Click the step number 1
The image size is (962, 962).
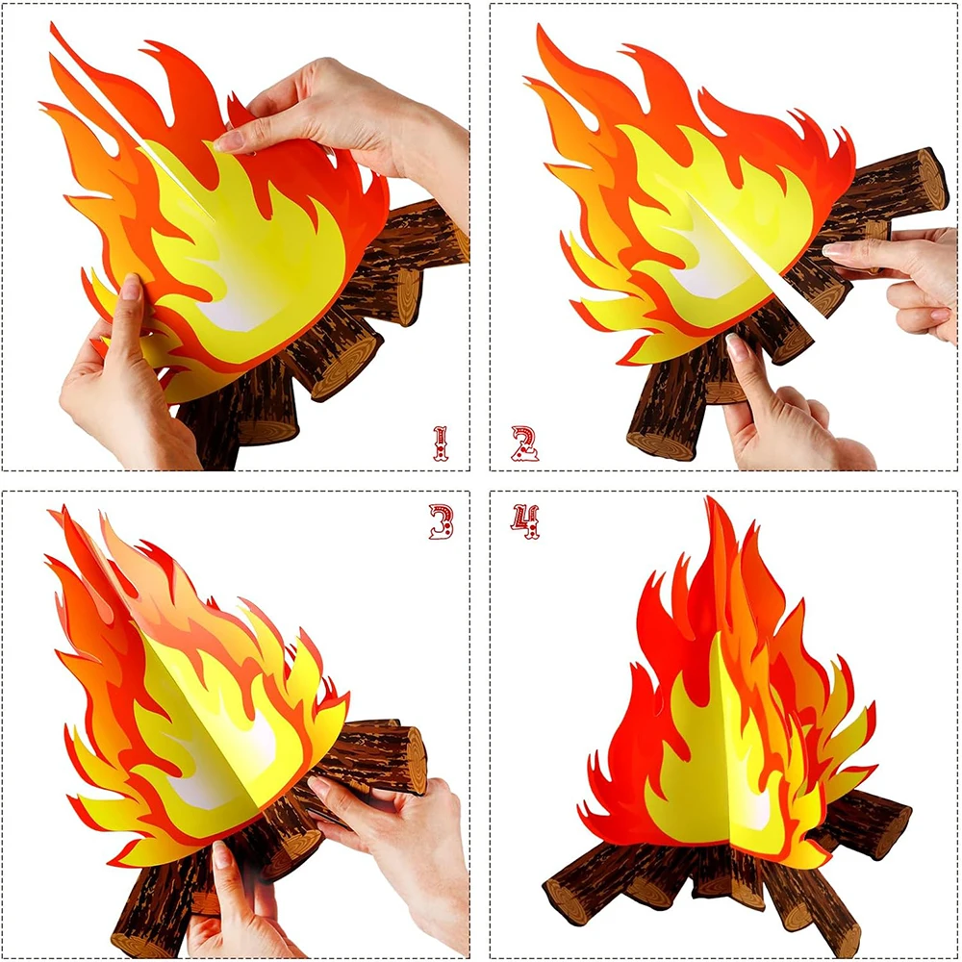coord(440,443)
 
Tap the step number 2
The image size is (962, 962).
coord(524,443)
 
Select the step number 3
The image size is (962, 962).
coord(442,521)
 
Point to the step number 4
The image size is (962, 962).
coord(525,521)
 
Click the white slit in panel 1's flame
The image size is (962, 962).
coord(132,123)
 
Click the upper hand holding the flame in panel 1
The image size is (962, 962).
coord(343,123)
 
